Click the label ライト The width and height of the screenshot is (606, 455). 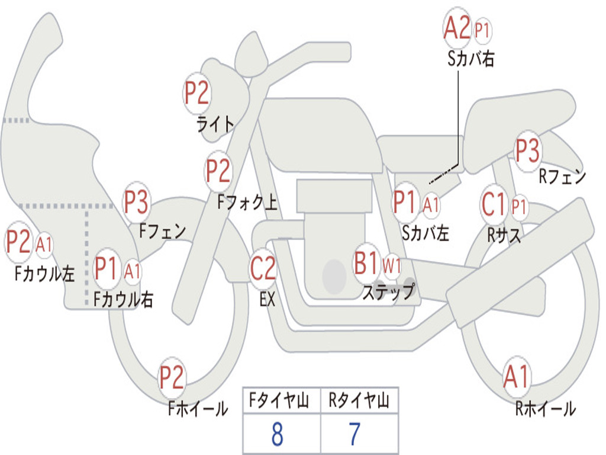215,124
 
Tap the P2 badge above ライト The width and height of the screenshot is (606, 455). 196,93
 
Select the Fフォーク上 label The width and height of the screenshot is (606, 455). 247,201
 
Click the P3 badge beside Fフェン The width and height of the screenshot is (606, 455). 137,202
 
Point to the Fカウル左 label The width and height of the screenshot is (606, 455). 44,274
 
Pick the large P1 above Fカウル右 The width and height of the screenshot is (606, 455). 106,268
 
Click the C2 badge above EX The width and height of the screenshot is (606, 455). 263,268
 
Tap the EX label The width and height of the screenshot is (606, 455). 267,299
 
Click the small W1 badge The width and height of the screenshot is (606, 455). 392,266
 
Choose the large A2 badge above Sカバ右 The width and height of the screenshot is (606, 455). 457,28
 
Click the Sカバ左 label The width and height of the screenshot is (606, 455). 426,233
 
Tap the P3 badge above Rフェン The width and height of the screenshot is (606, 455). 527,150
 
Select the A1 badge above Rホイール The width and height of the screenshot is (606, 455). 516,376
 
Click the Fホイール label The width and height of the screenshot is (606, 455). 198,409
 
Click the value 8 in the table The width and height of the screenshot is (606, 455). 277,434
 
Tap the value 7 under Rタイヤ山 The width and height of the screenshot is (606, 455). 355,434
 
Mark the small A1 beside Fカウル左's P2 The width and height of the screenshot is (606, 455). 44,245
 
